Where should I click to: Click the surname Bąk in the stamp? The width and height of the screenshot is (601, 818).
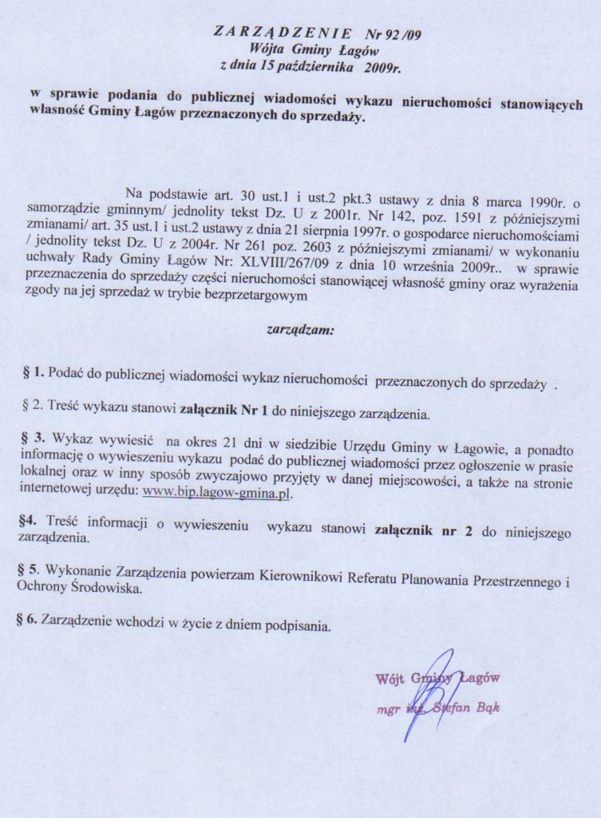[x=486, y=709]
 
